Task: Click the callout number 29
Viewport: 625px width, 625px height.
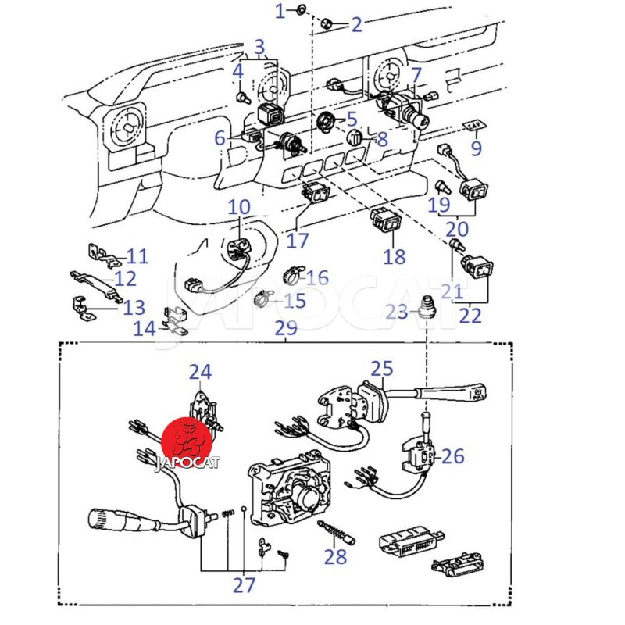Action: (286, 327)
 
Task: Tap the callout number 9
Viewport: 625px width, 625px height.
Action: (477, 148)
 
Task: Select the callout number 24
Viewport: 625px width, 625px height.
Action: (200, 372)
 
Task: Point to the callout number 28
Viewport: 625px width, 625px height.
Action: (335, 556)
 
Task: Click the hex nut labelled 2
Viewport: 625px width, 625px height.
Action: (327, 23)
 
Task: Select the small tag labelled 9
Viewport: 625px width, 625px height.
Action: (474, 125)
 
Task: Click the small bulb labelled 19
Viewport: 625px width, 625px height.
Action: (442, 187)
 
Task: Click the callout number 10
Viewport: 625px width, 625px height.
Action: (239, 207)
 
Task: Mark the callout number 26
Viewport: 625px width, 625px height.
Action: (452, 456)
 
